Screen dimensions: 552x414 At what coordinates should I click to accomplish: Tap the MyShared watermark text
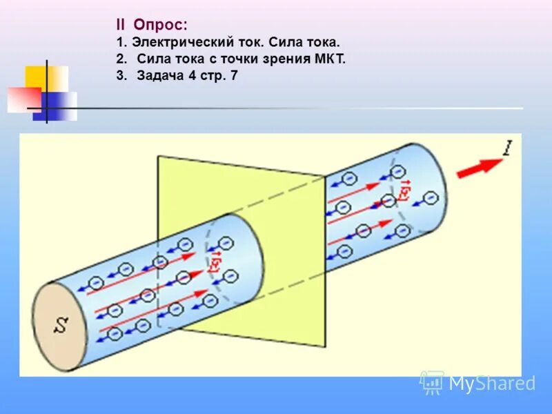click(492, 384)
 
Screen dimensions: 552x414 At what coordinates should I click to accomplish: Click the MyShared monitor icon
click(432, 382)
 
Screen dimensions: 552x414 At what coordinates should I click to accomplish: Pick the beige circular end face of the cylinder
click(61, 325)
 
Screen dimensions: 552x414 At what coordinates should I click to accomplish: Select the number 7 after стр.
click(235, 76)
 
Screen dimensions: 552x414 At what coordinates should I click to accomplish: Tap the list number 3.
click(120, 76)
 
